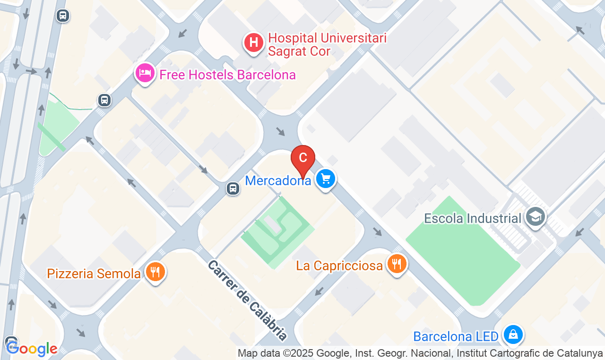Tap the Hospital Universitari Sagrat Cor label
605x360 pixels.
point(327,44)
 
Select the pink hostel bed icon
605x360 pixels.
point(145,73)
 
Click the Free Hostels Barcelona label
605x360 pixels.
point(227,75)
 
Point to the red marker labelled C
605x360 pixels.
point(303,159)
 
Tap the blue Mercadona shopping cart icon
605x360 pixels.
point(325,179)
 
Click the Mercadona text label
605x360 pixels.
point(278,180)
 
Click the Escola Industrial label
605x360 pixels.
point(472,218)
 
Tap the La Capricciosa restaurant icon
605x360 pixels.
point(397,264)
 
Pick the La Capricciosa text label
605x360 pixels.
point(339,266)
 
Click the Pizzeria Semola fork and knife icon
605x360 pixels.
point(155,272)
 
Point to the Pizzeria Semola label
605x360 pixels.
point(94,274)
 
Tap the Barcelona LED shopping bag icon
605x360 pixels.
point(513,335)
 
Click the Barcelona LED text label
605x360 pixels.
point(456,336)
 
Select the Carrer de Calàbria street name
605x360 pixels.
point(247,300)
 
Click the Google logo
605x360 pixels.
point(32,349)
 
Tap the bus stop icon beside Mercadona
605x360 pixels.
point(233,189)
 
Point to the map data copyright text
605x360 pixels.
point(420,353)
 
